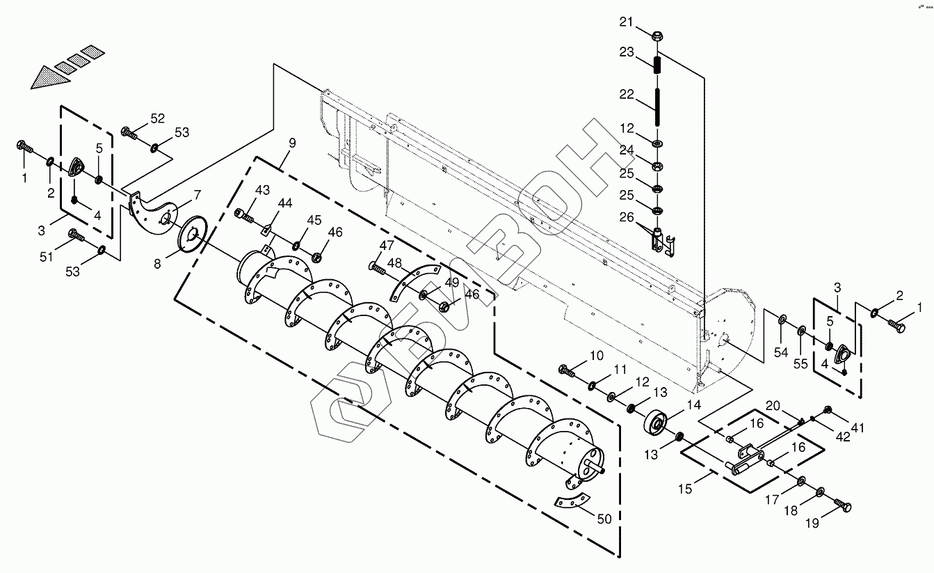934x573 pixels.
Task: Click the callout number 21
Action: (x=627, y=22)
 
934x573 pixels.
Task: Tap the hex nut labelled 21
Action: (x=658, y=34)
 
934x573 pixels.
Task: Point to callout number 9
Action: (x=292, y=143)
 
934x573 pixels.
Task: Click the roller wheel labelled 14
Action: (x=656, y=423)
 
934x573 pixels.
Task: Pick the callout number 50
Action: (x=604, y=518)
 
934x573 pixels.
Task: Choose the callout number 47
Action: (x=387, y=245)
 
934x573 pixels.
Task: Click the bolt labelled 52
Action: (x=129, y=132)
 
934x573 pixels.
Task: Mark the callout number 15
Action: (x=686, y=489)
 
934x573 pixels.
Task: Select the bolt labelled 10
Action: (x=567, y=371)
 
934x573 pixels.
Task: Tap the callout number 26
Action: (x=627, y=217)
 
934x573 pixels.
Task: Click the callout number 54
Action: (x=781, y=353)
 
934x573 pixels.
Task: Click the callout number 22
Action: (x=627, y=94)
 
